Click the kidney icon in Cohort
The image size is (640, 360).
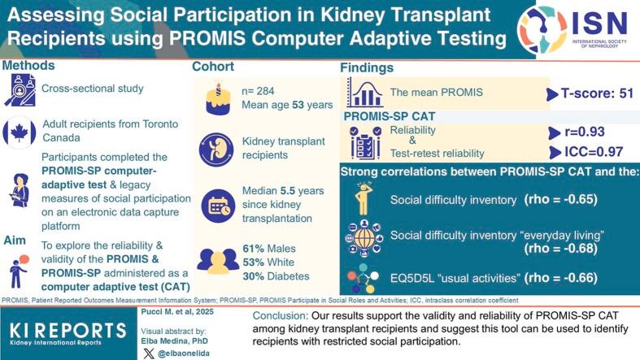tap(215, 150)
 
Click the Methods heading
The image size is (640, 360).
tap(28, 65)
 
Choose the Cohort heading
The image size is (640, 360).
tap(215, 67)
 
